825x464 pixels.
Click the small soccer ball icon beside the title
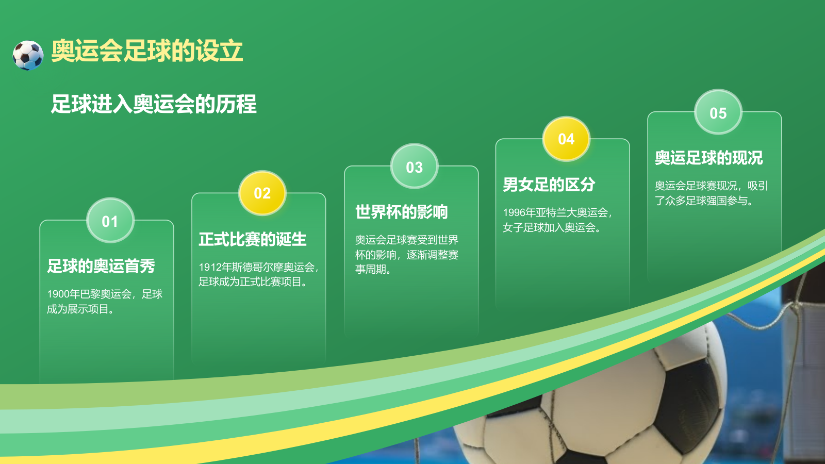pyautogui.click(x=28, y=55)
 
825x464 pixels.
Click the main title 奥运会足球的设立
pyautogui.click(x=147, y=51)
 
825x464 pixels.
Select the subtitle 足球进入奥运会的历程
pyautogui.click(x=153, y=104)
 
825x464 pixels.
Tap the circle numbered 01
pyautogui.click(x=110, y=221)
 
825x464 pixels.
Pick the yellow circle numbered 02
pyautogui.click(x=262, y=193)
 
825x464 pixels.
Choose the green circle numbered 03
pyautogui.click(x=414, y=167)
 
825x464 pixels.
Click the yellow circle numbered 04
pyautogui.click(x=566, y=139)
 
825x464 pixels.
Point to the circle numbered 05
pyautogui.click(x=718, y=113)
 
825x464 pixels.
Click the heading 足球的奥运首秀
pyautogui.click(x=101, y=266)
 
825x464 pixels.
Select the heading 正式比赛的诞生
pyautogui.click(x=253, y=239)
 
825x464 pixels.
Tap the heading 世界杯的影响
pyautogui.click(x=402, y=212)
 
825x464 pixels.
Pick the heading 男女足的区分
pyautogui.click(x=549, y=185)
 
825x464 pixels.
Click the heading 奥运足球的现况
pyautogui.click(x=708, y=158)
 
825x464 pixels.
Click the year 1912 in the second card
pyautogui.click(x=210, y=267)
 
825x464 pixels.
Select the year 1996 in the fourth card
pyautogui.click(x=514, y=213)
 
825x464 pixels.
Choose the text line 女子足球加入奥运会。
pyautogui.click(x=552, y=227)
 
